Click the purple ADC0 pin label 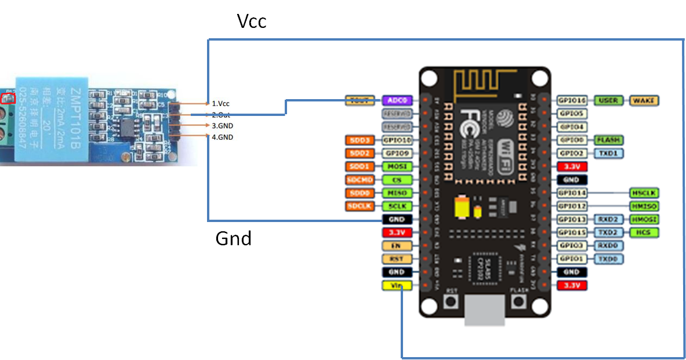click(397, 100)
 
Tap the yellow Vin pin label click(397, 285)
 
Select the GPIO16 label click(572, 100)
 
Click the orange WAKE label click(644, 100)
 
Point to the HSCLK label click(644, 192)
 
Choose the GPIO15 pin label click(572, 232)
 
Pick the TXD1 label click(608, 153)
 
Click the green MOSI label click(397, 166)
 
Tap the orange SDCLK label click(361, 206)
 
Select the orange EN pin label click(397, 246)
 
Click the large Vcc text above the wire click(252, 21)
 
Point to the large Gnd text click(234, 238)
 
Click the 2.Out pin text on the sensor click(221, 115)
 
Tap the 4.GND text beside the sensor click(223, 137)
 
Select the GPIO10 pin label click(397, 140)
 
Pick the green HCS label click(644, 232)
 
